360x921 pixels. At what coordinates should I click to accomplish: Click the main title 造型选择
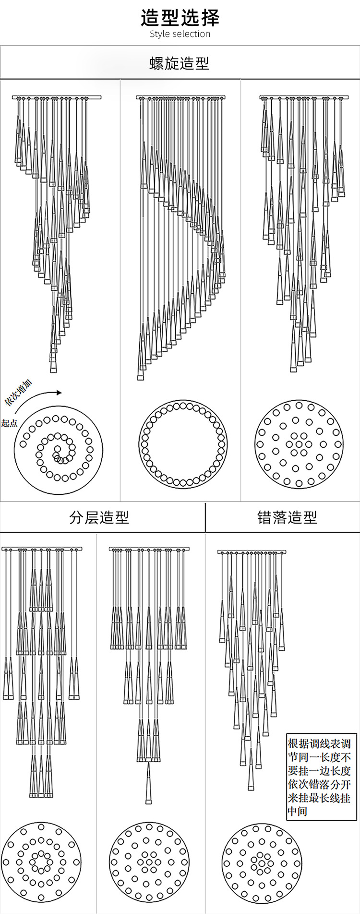pos(180,18)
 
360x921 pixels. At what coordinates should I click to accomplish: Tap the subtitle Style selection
pos(180,34)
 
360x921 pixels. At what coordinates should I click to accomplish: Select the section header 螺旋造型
pos(180,63)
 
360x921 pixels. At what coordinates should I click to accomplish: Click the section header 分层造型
pos(99,517)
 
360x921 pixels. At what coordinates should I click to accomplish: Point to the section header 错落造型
pos(287,517)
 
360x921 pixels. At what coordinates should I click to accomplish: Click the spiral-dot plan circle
pos(59,448)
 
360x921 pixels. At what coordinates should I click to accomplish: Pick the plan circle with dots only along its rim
pos(183,444)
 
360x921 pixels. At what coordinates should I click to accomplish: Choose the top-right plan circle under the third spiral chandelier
pos(299,444)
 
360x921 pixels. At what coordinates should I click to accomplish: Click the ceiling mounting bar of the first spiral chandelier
pos(57,97)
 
